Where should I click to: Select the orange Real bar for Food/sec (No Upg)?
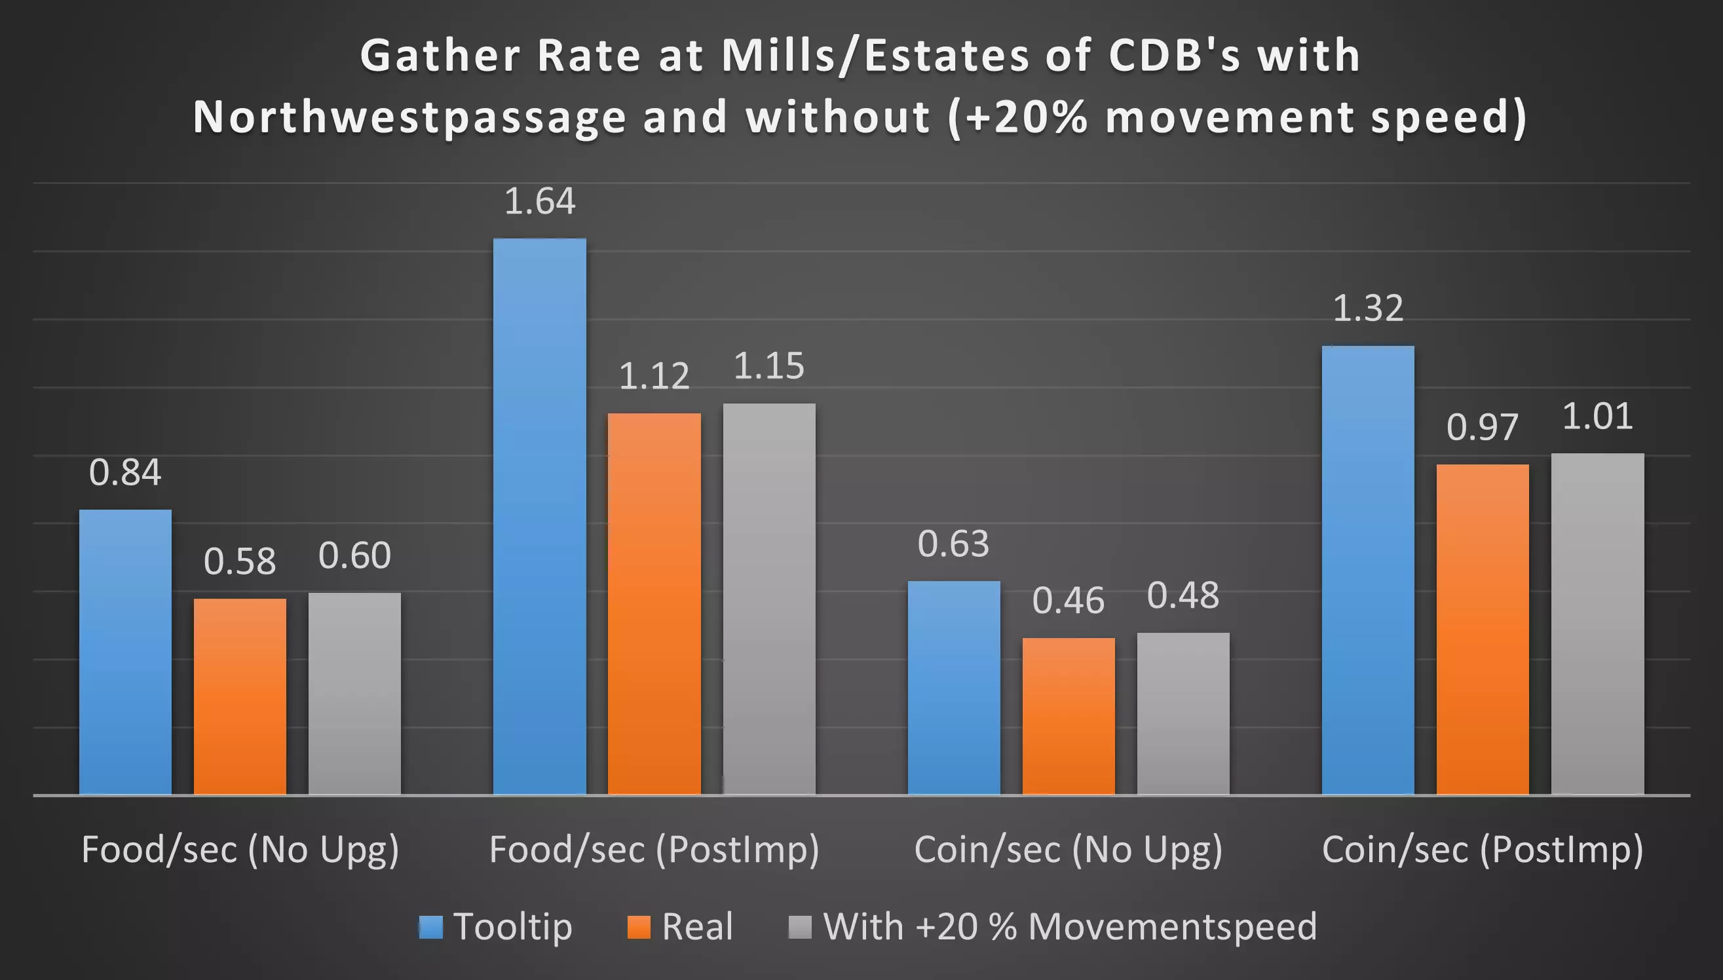click(240, 696)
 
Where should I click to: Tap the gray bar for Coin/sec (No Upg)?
click(1183, 713)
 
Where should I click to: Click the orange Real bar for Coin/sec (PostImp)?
click(1482, 630)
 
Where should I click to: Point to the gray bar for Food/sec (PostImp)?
click(768, 599)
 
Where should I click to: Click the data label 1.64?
click(539, 201)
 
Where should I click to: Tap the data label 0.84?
click(125, 472)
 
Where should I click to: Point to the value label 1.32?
click(1368, 309)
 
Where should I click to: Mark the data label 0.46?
click(1068, 601)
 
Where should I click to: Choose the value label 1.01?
click(1597, 416)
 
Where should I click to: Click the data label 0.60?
click(354, 556)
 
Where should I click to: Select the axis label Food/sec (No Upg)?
click(240, 850)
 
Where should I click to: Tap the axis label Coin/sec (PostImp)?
click(1482, 850)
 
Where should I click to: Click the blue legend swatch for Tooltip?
click(431, 927)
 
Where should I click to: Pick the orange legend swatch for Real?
click(639, 927)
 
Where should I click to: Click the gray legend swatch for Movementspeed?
click(799, 927)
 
